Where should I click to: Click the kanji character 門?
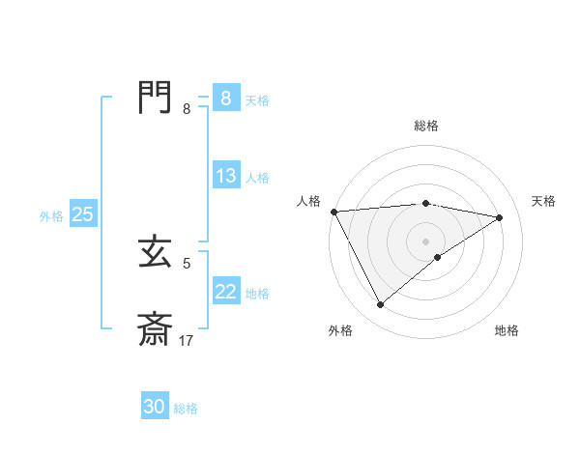tap(155, 98)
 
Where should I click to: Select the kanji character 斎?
tap(155, 329)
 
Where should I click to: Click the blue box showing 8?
tap(225, 99)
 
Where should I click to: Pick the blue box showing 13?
tap(225, 176)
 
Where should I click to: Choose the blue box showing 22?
tap(225, 291)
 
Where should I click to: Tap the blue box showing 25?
tap(82, 214)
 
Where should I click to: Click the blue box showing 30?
tap(155, 407)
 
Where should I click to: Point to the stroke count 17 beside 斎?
tap(186, 341)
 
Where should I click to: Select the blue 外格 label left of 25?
tap(51, 216)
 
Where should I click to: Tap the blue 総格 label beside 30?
tap(186, 409)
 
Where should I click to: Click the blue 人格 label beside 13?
tap(257, 178)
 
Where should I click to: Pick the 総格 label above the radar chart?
tap(425, 126)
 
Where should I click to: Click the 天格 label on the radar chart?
tap(543, 201)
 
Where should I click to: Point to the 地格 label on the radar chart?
tap(507, 330)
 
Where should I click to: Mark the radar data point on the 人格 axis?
tap(333, 212)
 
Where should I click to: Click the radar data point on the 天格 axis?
tap(500, 217)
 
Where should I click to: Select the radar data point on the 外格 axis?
tap(380, 305)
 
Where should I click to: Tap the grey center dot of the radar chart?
tap(425, 241)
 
